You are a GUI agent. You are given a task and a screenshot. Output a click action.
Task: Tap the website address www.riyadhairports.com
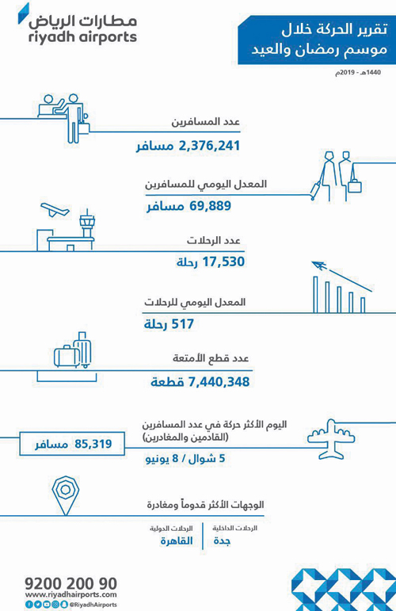[x=70, y=594]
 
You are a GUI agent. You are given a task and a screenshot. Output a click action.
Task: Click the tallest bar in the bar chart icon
[x=315, y=292]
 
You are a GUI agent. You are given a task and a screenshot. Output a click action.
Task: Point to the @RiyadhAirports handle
[x=93, y=605]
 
